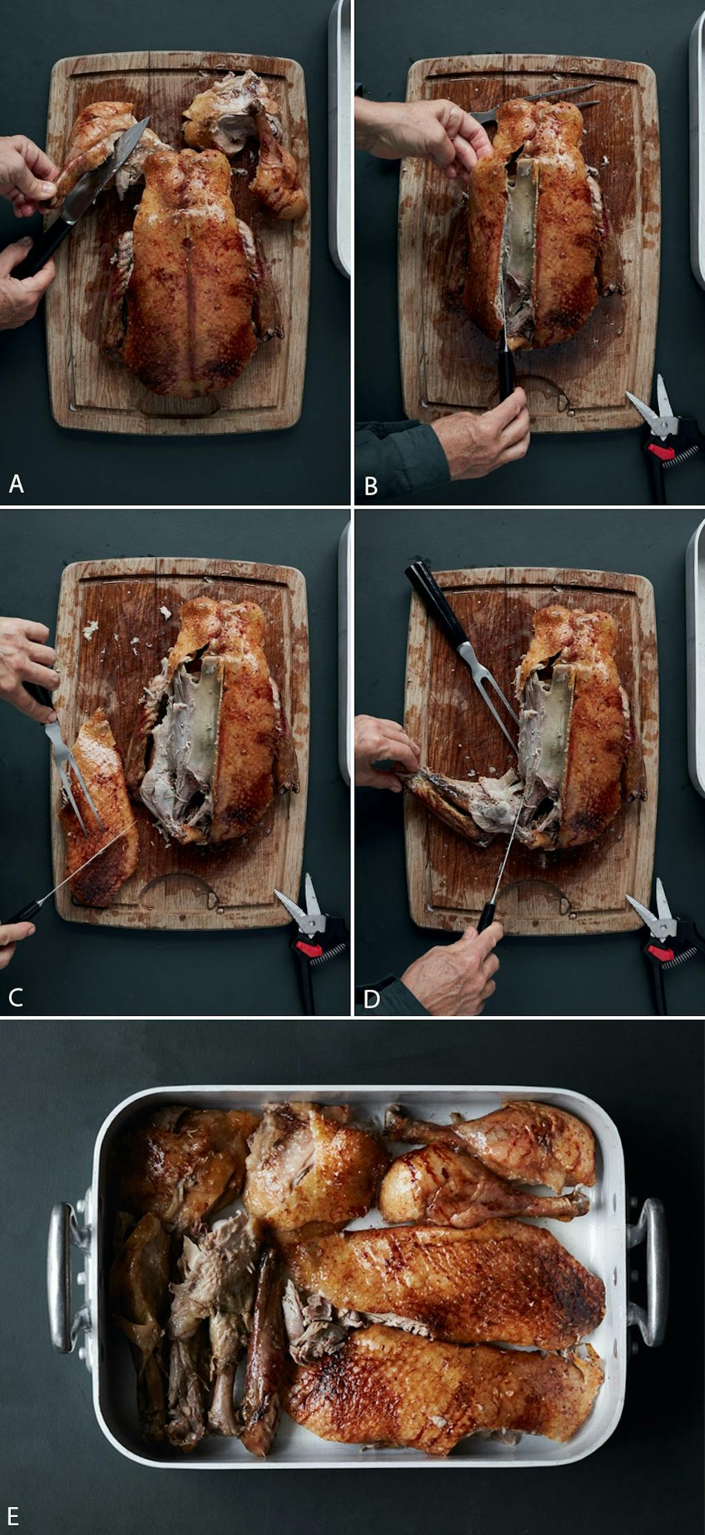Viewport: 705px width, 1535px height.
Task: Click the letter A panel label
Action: tap(16, 484)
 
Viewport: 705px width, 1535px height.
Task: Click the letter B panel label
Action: tap(370, 487)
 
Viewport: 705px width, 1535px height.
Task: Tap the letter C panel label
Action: tap(15, 996)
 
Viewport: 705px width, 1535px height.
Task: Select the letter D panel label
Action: tap(371, 999)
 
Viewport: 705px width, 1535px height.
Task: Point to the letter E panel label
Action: tap(13, 1515)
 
